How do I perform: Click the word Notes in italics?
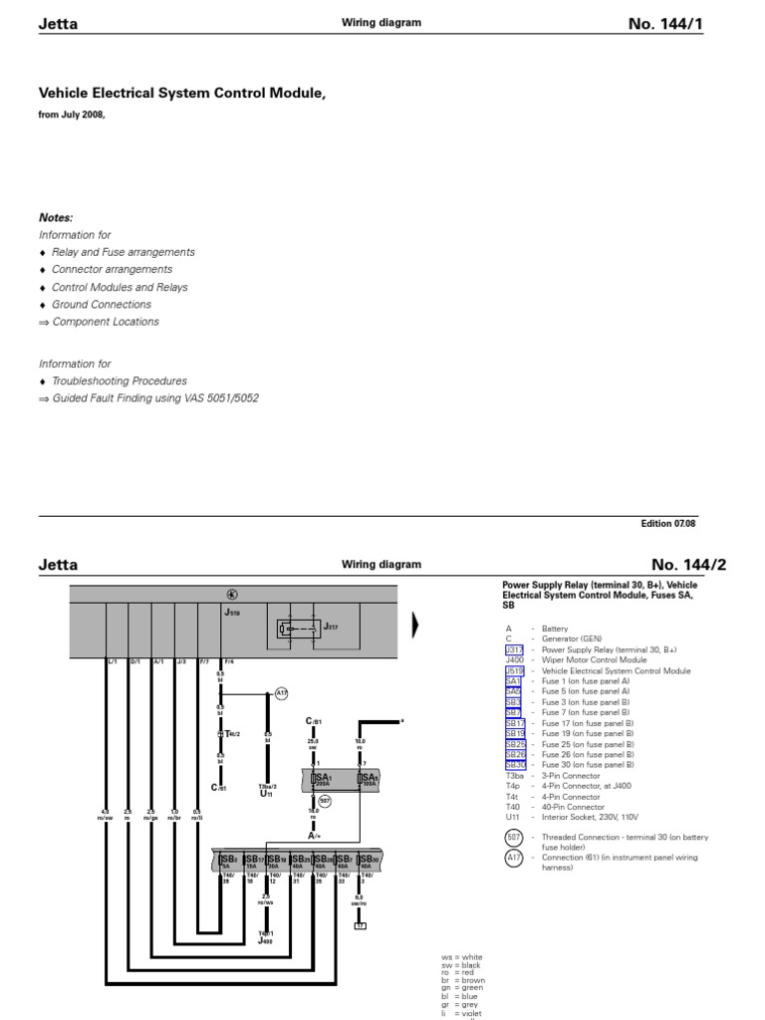point(56,218)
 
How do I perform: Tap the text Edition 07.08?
point(672,523)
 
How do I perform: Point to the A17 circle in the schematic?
point(280,693)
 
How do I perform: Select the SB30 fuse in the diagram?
point(368,860)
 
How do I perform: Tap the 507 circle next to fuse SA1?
point(324,800)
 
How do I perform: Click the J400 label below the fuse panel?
point(266,939)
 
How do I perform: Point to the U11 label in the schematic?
point(266,792)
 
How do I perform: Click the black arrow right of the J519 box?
point(415,626)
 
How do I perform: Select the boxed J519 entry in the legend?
point(514,670)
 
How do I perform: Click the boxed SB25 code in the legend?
point(515,744)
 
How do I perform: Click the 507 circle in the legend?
point(514,837)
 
